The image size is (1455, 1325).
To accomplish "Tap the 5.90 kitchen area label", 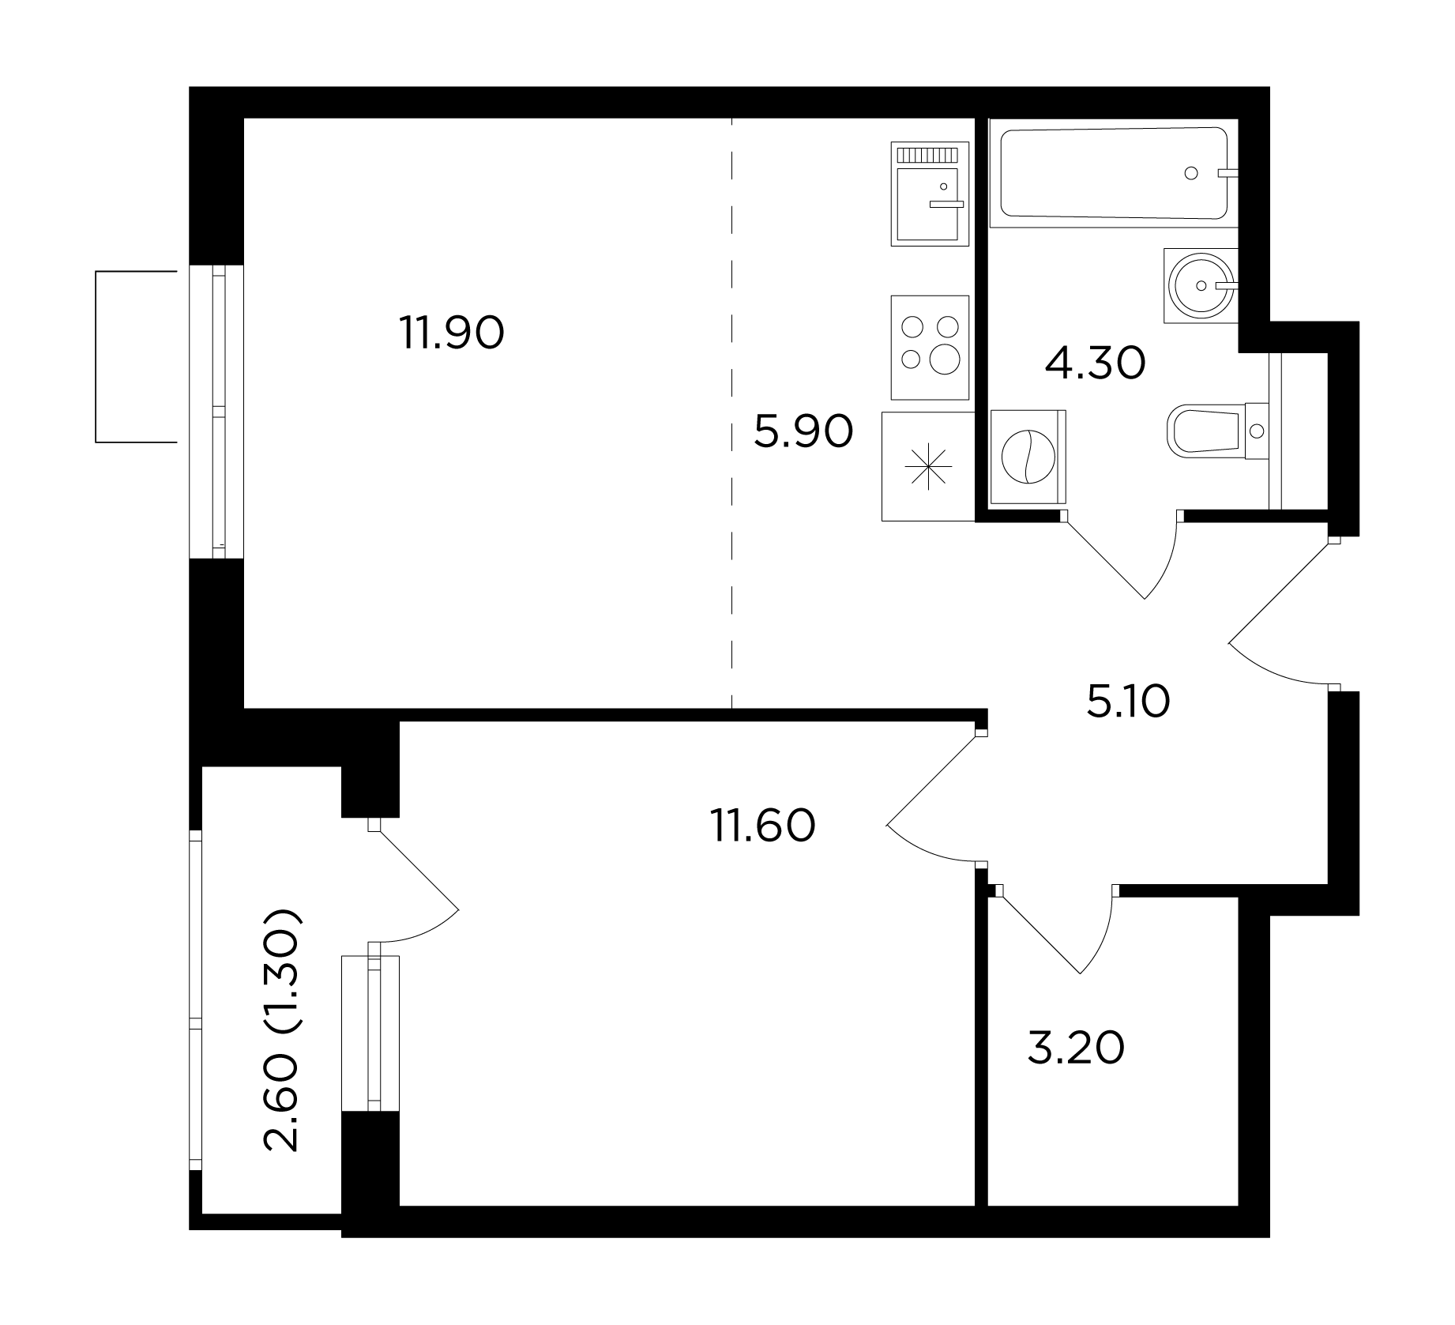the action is (x=803, y=431).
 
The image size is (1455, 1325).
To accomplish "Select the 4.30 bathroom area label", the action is (x=1095, y=363).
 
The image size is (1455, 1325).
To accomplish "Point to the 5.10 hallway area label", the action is (x=1128, y=701).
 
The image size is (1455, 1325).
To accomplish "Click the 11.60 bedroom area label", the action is (x=763, y=825).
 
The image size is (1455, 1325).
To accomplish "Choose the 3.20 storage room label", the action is (x=1076, y=1048).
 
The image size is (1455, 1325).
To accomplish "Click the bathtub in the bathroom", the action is (x=1114, y=173).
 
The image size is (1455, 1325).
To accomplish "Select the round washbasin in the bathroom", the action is (x=1200, y=284).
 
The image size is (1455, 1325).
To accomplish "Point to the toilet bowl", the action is (x=1215, y=431).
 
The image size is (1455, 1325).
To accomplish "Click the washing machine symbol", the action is (x=1028, y=457).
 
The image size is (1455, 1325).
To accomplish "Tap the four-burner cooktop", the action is (x=930, y=348).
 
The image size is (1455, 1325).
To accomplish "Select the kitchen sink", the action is (x=930, y=194).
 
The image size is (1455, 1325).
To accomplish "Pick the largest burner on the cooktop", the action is (x=945, y=359).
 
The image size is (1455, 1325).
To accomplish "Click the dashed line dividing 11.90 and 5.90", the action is (x=732, y=413).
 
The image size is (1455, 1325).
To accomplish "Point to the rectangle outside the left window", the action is (x=135, y=356).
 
